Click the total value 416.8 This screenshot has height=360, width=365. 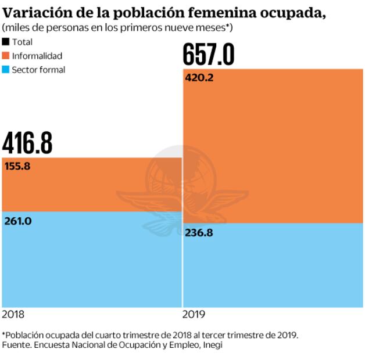(27, 143)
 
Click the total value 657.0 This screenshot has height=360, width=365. (209, 55)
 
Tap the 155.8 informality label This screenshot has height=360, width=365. (17, 166)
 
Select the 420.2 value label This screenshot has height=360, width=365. (199, 77)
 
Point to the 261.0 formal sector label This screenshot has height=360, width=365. (17, 221)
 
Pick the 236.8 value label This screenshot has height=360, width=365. (199, 233)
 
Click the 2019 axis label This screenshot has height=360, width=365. (194, 314)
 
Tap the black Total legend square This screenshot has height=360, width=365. (6, 42)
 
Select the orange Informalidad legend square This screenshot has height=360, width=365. (6, 56)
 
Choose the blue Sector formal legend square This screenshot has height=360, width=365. (6, 70)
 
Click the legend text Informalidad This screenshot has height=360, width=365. (37, 56)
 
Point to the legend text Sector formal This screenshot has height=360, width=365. (38, 70)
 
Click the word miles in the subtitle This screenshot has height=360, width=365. (16, 28)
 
